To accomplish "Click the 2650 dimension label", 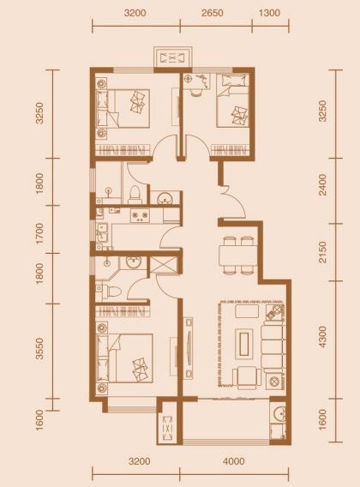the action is [x=213, y=13].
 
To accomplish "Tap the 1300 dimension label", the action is [x=269, y=13].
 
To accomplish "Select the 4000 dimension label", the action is [x=234, y=461].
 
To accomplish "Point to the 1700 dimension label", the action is [x=39, y=233].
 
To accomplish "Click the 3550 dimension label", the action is [x=39, y=349].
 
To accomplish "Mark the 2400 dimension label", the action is [x=323, y=184].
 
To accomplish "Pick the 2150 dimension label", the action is [x=323, y=252].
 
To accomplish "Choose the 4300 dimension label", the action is [x=323, y=337].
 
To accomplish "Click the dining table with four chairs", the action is [x=238, y=256].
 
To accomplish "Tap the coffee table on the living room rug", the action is [x=246, y=342].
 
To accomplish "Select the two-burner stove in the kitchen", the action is [x=140, y=215].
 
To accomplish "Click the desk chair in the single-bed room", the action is [x=195, y=91].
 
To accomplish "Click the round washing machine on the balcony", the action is [x=279, y=413].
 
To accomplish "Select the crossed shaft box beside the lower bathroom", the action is [x=164, y=265].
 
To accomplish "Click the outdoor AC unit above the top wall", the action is [x=173, y=58].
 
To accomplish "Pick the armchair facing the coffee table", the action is [x=247, y=376].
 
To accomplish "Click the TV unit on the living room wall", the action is [x=188, y=348].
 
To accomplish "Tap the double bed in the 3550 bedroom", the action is [x=124, y=358].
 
